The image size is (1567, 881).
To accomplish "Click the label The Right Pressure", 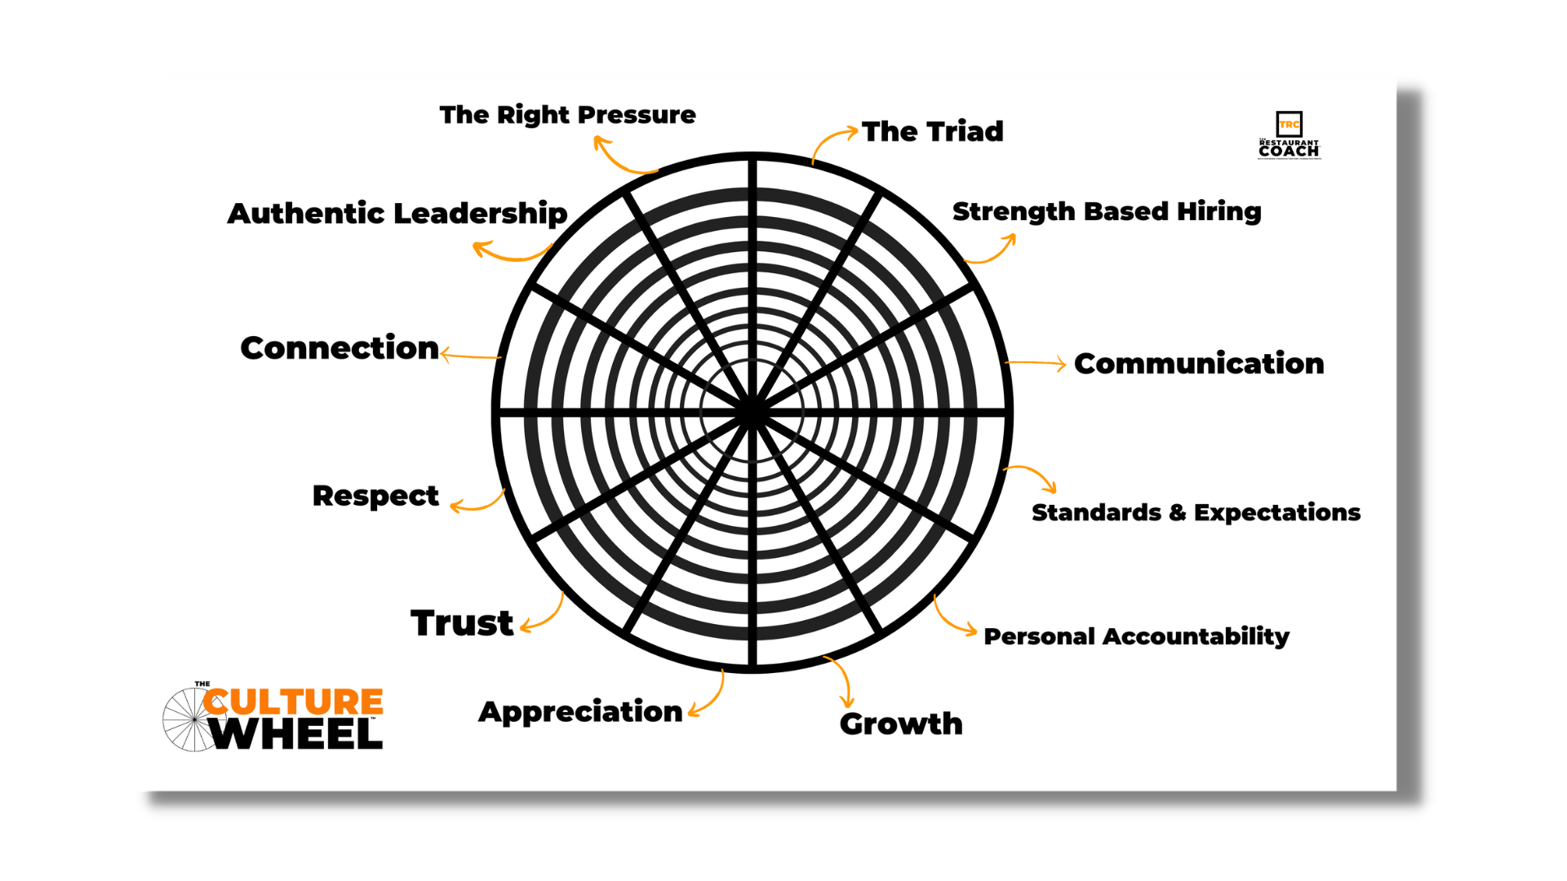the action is [x=567, y=115].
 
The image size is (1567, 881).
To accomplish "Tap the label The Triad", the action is [x=932, y=131].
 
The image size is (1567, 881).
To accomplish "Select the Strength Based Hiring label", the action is [x=1107, y=211].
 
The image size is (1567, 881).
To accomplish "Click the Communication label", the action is [x=1198, y=364].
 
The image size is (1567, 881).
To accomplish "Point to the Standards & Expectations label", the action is [x=1196, y=512].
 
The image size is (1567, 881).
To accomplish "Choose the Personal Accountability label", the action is [x=1136, y=636].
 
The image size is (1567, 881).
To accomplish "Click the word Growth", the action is [x=901, y=724].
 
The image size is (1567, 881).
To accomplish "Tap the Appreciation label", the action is [x=580, y=711].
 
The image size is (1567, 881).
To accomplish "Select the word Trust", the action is [x=462, y=623].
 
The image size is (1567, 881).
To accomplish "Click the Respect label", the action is [x=375, y=496].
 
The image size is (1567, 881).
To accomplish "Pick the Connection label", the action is [x=340, y=348].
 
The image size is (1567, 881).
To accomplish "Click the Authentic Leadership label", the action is [x=397, y=214].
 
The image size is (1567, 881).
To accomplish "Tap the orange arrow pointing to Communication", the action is [x=1035, y=363].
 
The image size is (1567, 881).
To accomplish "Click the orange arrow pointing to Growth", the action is [x=841, y=680].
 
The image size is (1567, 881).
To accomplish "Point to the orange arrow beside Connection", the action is [x=470, y=356].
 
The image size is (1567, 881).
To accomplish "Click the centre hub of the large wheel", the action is [x=752, y=412].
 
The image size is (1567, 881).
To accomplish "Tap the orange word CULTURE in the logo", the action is [x=294, y=702].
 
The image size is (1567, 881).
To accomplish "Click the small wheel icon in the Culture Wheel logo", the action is [x=191, y=719].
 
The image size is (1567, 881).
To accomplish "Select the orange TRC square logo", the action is [x=1289, y=124].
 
